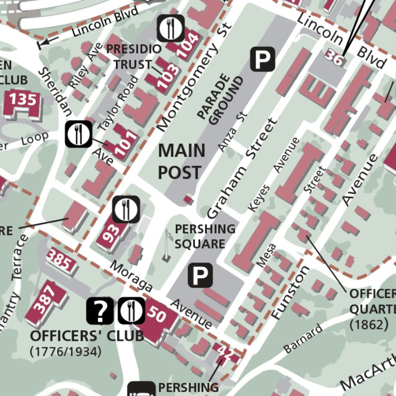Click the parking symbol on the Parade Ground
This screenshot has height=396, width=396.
263,59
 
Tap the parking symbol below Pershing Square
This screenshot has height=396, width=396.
200,275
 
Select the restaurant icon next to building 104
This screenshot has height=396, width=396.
171,28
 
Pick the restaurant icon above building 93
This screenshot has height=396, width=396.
126,209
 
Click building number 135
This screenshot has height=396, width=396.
23,99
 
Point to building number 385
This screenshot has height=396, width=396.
59,260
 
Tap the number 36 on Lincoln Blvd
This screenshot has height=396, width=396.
334,58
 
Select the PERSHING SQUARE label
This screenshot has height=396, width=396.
205,236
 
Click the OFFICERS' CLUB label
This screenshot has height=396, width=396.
87,336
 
